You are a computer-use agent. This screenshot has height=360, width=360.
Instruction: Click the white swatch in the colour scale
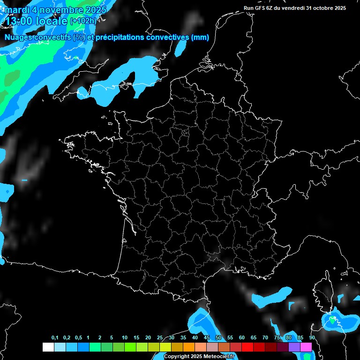click(x=48, y=347)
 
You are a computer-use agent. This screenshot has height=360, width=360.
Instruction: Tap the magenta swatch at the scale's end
click(x=306, y=347)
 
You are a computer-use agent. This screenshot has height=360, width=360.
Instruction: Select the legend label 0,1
click(x=55, y=338)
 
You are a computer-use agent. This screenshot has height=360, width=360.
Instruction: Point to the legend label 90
click(x=312, y=338)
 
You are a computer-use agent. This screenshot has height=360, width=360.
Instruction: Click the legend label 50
click(x=218, y=338)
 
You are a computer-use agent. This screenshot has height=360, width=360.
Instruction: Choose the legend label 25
click(x=160, y=338)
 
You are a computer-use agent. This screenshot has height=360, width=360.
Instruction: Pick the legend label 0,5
click(x=79, y=338)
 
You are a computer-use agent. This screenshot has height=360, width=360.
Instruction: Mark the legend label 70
click(x=265, y=338)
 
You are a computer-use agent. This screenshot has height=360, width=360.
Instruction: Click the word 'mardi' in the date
click(x=17, y=9)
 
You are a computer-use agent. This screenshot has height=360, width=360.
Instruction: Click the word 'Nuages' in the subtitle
click(x=18, y=37)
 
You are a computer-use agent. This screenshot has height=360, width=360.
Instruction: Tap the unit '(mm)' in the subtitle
click(x=200, y=37)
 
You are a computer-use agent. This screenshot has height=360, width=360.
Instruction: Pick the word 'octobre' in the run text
click(x=323, y=8)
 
